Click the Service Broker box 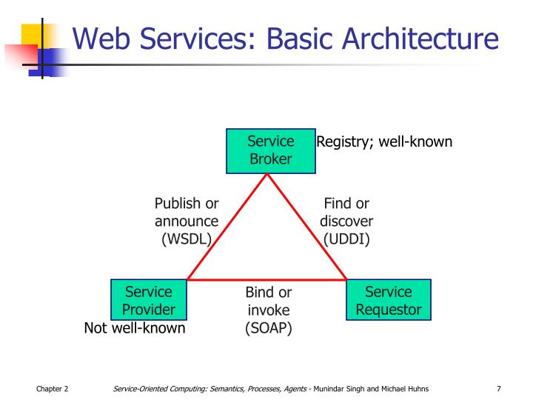270,150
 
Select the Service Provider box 148,300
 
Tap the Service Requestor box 388,300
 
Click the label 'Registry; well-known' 384,141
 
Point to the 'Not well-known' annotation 134,328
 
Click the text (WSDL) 187,239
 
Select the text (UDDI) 346,239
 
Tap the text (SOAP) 268,328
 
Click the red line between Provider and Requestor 266,280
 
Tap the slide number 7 499,389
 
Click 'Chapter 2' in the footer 52,389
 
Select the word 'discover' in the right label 346,221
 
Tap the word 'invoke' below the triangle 268,310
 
